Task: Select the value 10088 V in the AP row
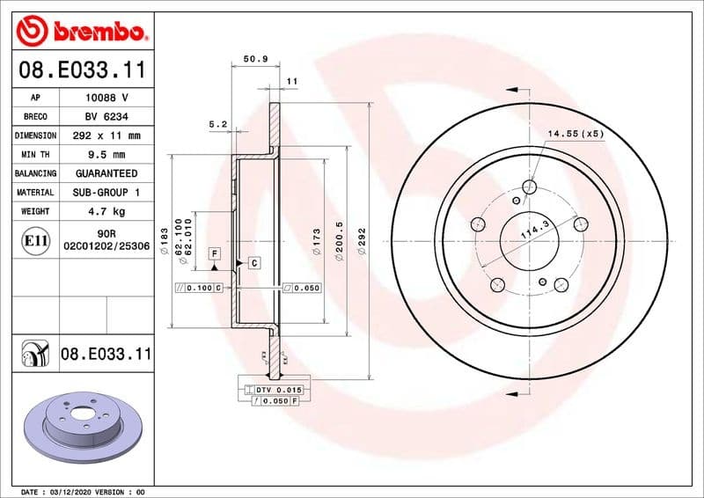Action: tap(106, 98)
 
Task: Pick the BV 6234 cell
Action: tap(106, 117)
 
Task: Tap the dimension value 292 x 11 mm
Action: tap(106, 135)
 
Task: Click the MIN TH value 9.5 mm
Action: tap(106, 155)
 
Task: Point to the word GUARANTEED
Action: tap(106, 173)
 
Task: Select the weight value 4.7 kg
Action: tap(106, 211)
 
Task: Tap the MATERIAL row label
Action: tap(35, 192)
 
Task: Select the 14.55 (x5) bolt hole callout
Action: tap(576, 134)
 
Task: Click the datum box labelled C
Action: tap(253, 262)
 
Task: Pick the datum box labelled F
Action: tap(214, 253)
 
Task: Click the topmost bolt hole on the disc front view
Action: tap(529, 187)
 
